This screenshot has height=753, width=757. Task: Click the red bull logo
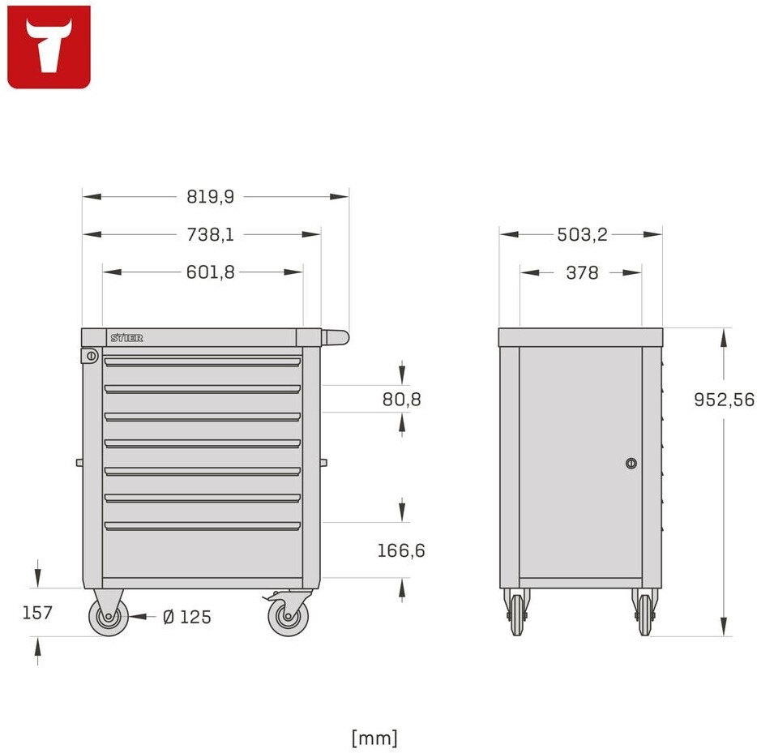coord(49,47)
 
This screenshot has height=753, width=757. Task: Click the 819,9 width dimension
coord(211,197)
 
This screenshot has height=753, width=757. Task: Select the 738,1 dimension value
coord(211,234)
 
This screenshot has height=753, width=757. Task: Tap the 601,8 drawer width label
coord(211,272)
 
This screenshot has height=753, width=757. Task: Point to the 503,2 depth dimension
coord(582,234)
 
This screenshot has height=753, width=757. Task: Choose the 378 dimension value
coord(582,272)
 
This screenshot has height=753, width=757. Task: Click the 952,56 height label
coord(724,400)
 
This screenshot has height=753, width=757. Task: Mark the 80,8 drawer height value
coord(402,400)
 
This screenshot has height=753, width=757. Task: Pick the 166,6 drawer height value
coord(401,550)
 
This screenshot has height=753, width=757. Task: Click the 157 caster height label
coord(37,613)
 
